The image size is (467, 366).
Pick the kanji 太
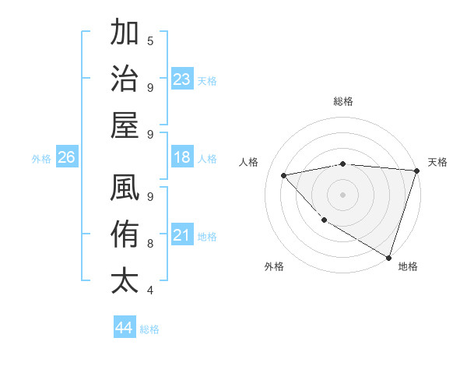tap(125, 280)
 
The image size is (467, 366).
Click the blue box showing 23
tap(182, 79)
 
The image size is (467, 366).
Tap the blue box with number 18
tap(182, 157)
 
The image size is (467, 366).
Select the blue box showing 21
tap(182, 235)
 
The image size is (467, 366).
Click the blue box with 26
tap(67, 157)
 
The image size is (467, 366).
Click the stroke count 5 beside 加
tap(150, 41)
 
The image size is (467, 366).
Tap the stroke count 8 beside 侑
tap(150, 243)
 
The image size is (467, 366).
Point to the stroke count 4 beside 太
tap(150, 290)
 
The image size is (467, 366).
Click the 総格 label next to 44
tap(149, 329)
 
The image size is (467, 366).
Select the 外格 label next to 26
tap(41, 159)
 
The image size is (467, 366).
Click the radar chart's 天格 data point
tap(416, 171)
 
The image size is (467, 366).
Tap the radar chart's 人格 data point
tap(284, 175)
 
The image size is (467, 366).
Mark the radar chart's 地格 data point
tap(388, 257)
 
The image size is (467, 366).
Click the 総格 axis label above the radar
tap(343, 101)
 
